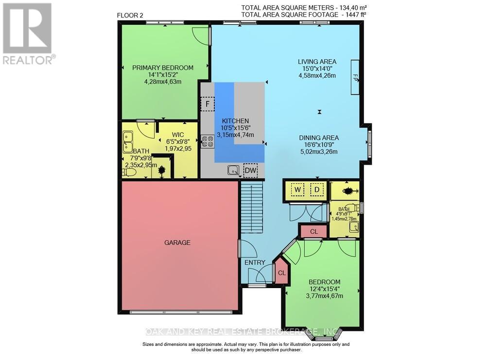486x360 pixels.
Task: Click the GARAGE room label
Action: (177, 242)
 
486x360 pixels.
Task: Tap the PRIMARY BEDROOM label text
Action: (163, 68)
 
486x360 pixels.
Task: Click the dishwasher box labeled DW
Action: (251, 171)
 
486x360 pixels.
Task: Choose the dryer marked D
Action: (316, 189)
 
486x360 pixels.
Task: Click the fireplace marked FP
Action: (355, 77)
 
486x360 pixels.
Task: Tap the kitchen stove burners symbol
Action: (208, 141)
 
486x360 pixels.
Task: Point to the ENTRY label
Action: (255, 263)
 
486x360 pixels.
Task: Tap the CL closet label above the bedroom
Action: (313, 232)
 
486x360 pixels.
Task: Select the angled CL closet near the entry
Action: (281, 273)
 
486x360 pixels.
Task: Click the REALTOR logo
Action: (27, 34)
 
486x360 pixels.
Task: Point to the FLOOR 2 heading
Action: (131, 16)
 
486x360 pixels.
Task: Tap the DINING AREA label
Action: (319, 137)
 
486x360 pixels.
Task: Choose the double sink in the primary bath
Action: (128, 142)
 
